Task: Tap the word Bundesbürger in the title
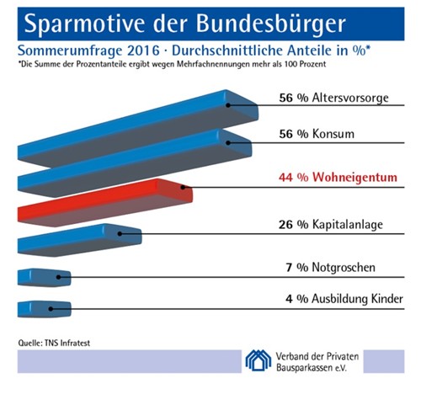[x=270, y=24]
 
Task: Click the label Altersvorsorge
[x=350, y=98]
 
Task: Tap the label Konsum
[x=333, y=134]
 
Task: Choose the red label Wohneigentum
[x=354, y=178]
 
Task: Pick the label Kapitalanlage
[x=348, y=225]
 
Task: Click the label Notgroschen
[x=344, y=267]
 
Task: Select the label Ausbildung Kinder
[x=357, y=299]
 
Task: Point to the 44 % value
[x=294, y=178]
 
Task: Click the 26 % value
[x=294, y=225]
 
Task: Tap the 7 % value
[x=297, y=268]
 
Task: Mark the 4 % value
[x=297, y=299]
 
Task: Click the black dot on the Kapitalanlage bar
[x=120, y=233]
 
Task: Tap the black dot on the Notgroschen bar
[x=58, y=277]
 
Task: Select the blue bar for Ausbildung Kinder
[x=45, y=309]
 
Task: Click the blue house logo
[x=258, y=360]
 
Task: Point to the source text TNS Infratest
[x=67, y=343]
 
